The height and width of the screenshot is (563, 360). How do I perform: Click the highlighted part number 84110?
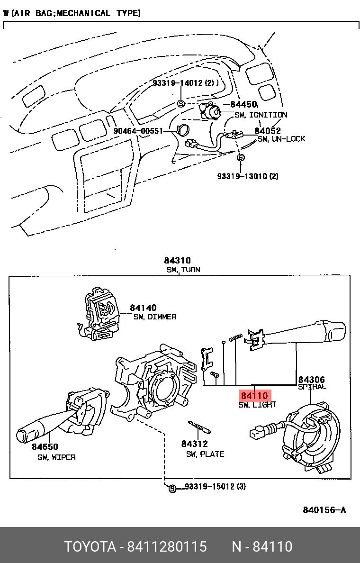[254, 396]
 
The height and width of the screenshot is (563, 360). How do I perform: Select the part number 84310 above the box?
[177, 260]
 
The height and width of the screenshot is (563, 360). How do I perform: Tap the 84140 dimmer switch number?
[143, 308]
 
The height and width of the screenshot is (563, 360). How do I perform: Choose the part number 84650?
[45, 447]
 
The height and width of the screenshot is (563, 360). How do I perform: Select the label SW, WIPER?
[56, 457]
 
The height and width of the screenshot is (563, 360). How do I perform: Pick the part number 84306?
[311, 379]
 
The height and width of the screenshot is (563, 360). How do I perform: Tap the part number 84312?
[194, 444]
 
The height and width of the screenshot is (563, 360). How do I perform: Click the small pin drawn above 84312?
[198, 427]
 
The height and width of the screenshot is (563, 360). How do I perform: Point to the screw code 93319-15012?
[209, 487]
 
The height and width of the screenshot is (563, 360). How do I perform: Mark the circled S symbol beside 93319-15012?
[172, 488]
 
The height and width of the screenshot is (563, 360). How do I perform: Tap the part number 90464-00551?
[138, 131]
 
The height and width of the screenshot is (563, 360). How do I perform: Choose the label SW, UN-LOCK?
[281, 139]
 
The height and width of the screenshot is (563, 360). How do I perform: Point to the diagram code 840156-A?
[324, 510]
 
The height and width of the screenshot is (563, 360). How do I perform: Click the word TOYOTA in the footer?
[90, 547]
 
